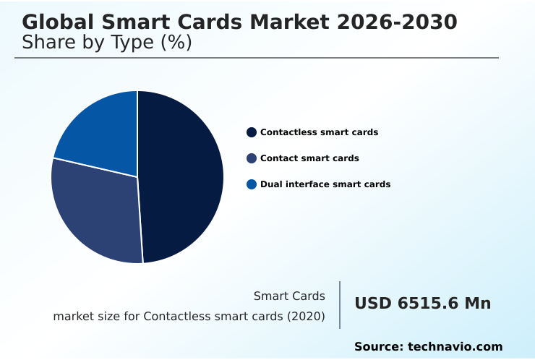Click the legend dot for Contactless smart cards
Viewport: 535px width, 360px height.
252,132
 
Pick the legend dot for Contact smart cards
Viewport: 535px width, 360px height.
252,158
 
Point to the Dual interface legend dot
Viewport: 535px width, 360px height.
252,184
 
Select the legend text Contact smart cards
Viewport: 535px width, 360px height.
309,158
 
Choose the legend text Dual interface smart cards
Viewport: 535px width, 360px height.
325,184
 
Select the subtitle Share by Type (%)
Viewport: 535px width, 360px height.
107,43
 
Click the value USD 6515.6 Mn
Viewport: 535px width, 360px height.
422,304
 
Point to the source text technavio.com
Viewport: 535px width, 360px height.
455,347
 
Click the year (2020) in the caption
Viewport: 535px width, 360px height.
307,317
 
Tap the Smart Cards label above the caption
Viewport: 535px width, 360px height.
289,296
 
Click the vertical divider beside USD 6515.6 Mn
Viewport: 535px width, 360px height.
340,305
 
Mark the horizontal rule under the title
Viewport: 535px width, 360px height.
257,58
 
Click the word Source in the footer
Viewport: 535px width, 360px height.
377,347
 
